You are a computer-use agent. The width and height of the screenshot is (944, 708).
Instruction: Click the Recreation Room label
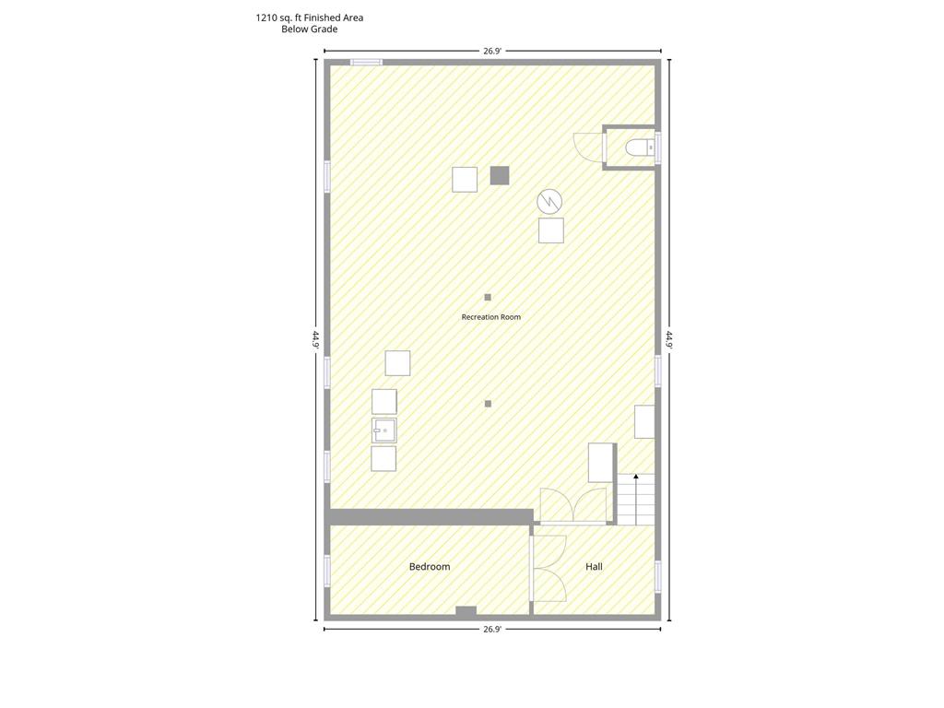coord(490,317)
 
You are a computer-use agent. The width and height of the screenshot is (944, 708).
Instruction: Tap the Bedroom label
coord(430,567)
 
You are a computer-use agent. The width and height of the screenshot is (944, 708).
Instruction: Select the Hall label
coord(594,567)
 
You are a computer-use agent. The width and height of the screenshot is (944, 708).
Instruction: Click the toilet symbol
coord(640,147)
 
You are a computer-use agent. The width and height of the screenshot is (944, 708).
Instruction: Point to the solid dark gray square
coord(499,175)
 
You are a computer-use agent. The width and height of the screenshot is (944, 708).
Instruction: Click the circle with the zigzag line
coord(549,201)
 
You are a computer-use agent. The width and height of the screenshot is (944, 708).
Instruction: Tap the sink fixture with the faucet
coord(384,431)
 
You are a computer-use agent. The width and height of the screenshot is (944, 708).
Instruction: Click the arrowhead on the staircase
coord(636,477)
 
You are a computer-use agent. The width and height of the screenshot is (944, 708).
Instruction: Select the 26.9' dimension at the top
coord(492,52)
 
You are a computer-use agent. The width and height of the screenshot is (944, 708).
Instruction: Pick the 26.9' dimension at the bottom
coord(492,629)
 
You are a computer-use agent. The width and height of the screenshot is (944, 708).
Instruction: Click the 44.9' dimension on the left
coord(315,339)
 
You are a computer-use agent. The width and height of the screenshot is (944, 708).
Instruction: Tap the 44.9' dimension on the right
coord(669,339)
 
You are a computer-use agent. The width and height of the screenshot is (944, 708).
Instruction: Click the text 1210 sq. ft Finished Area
coord(310,18)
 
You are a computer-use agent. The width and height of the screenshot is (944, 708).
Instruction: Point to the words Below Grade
coord(310,29)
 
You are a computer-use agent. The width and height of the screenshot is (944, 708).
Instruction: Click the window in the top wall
coord(366,62)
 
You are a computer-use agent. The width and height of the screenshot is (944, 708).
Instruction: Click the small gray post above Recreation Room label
coord(488,298)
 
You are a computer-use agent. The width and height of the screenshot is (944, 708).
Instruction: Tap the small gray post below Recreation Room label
coord(488,404)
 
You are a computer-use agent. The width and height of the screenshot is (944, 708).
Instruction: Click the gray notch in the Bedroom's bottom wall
coord(466,611)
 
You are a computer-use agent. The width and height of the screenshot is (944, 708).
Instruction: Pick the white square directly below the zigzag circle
coord(551,230)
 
